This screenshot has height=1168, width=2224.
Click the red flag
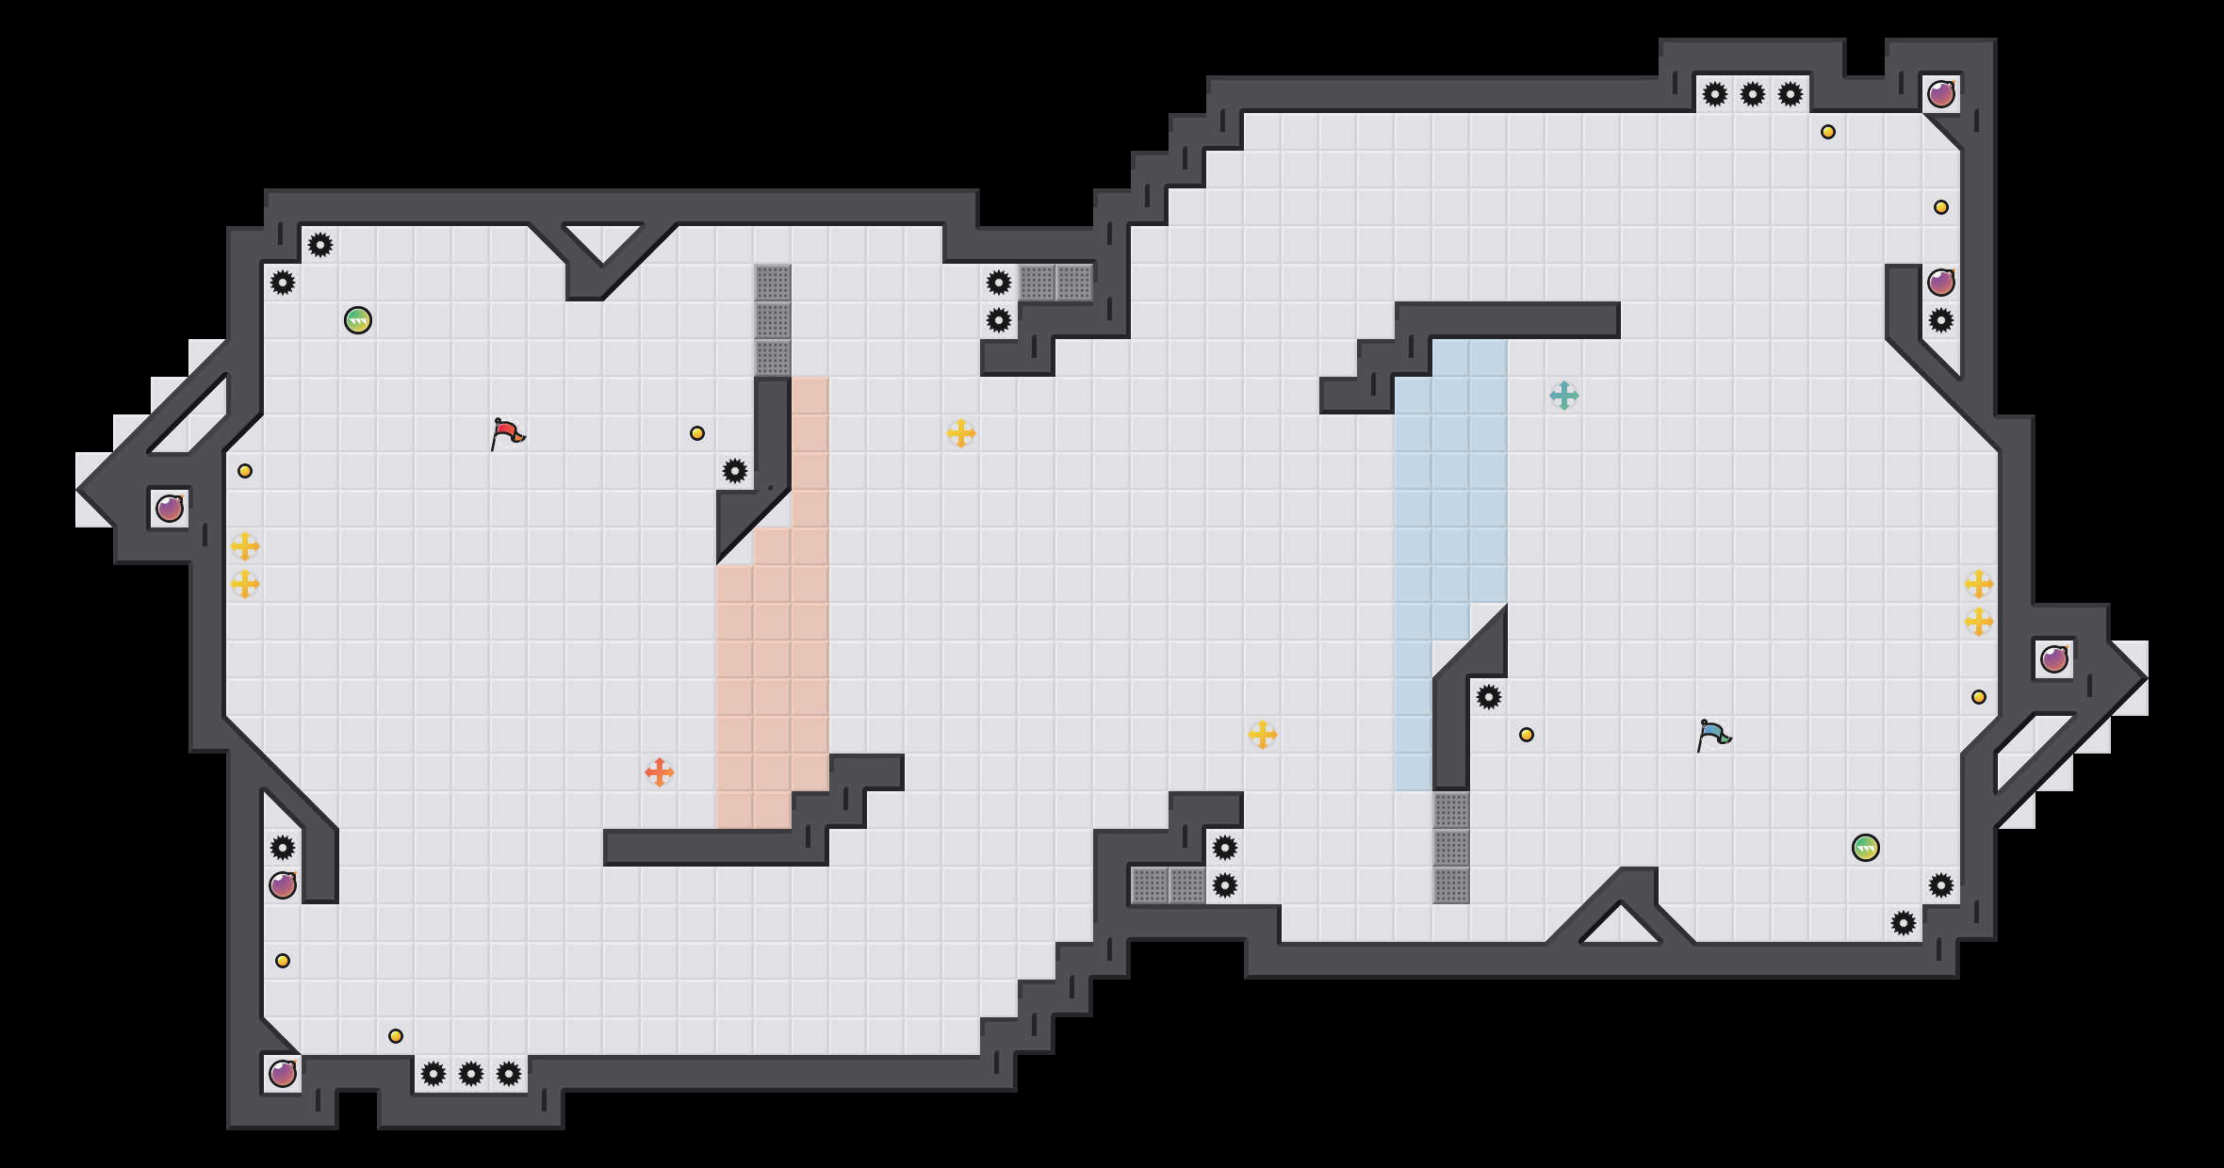507,433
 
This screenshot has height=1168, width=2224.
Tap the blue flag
1713,735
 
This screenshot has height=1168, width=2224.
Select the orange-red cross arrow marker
660,772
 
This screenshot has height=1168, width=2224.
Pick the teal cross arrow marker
1564,396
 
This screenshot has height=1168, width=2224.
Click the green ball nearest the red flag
358,320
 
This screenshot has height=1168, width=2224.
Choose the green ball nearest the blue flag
1866,848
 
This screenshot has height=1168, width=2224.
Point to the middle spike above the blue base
1753,94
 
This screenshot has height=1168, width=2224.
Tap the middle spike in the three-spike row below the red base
471,1074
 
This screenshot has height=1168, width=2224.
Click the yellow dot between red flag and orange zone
697,433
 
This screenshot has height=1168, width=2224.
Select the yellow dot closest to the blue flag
1527,735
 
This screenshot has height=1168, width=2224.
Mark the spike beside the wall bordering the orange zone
735,471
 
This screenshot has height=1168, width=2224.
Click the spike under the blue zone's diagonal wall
1489,697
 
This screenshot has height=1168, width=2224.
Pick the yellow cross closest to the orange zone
961,433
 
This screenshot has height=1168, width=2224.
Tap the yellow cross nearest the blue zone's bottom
1263,735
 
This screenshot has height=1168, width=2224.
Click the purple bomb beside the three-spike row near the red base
283,1074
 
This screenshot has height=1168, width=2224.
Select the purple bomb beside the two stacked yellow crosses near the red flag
170,509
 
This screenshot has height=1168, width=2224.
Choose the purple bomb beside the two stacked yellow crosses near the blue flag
2054,659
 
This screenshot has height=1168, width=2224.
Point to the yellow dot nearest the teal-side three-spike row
1828,132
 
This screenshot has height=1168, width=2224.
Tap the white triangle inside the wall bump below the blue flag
1621,925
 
